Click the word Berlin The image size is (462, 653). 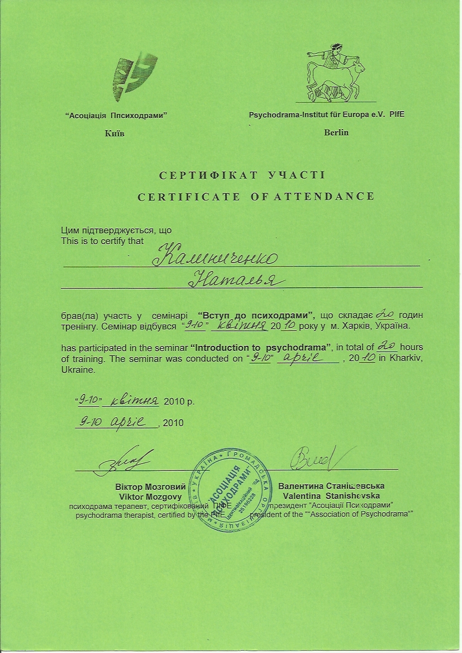(336, 132)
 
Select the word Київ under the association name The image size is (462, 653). (115, 134)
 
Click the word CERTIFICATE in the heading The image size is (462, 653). (189, 197)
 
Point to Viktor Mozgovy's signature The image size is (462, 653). (120, 460)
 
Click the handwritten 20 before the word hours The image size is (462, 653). (387, 346)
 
